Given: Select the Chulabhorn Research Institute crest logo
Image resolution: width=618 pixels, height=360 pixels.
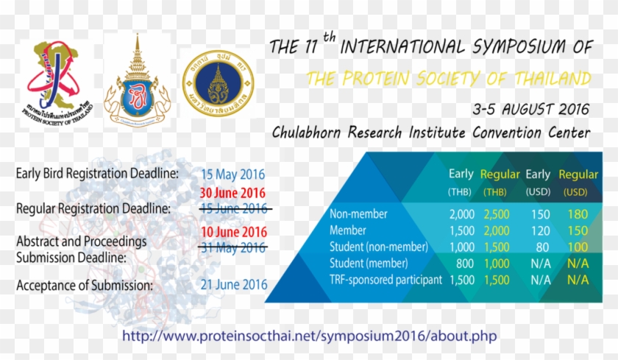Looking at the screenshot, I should pyautogui.click(x=136, y=81).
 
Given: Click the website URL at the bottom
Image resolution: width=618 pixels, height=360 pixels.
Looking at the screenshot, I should pyautogui.click(x=309, y=336).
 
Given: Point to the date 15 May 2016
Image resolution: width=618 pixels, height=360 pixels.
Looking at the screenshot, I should pyautogui.click(x=233, y=175).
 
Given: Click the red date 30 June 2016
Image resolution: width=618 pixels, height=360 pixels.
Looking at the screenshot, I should pyautogui.click(x=233, y=194).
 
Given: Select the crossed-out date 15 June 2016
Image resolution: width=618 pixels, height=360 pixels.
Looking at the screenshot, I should pyautogui.click(x=233, y=208).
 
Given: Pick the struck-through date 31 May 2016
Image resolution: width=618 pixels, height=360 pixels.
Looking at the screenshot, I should pyautogui.click(x=233, y=247).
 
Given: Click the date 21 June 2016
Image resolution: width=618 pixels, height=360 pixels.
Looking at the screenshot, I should pyautogui.click(x=235, y=285).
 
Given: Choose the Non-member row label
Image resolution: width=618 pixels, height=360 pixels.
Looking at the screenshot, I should pyautogui.click(x=358, y=215).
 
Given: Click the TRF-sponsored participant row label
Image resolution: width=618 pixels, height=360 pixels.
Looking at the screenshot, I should pyautogui.click(x=386, y=280).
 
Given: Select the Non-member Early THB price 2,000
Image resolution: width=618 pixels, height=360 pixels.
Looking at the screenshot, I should pyautogui.click(x=461, y=215).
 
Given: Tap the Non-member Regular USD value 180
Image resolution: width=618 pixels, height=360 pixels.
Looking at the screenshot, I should pyautogui.click(x=578, y=215).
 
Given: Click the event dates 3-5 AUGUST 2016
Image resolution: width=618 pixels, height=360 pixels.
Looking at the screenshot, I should pyautogui.click(x=532, y=110).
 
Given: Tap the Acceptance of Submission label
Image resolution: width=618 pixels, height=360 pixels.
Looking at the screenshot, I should pyautogui.click(x=85, y=285).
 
